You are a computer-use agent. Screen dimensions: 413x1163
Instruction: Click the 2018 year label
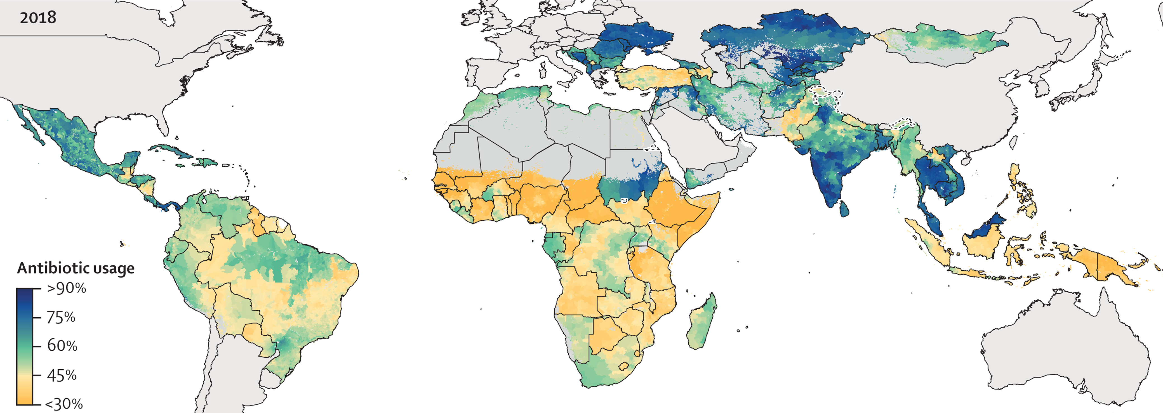pyautogui.click(x=38, y=18)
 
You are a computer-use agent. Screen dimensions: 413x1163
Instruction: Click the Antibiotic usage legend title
pyautogui.click(x=76, y=268)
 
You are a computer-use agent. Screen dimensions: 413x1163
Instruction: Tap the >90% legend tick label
pyautogui.click(x=66, y=288)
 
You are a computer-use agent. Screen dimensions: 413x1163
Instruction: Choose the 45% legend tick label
pyautogui.click(x=62, y=375)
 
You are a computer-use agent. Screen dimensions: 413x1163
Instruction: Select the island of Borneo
pyautogui.click(x=984, y=239)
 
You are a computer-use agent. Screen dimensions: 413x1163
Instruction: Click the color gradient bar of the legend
pyautogui.click(x=24, y=346)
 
